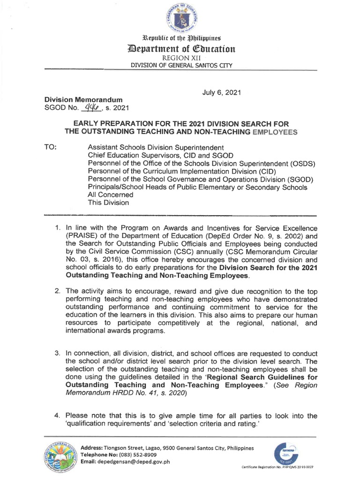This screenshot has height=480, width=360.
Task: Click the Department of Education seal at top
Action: [x=180, y=18]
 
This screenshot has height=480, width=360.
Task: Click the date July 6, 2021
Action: [x=221, y=92]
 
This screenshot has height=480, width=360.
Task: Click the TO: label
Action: [x=50, y=147]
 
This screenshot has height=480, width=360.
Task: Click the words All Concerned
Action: [x=111, y=195]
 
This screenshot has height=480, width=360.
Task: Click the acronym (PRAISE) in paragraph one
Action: [x=82, y=236]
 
